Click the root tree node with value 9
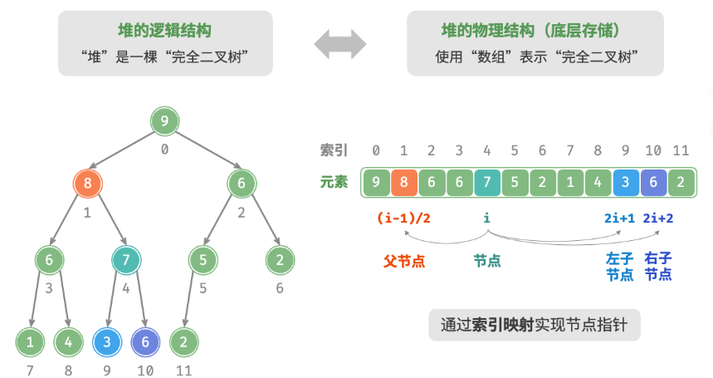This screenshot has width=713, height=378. pyautogui.click(x=164, y=121)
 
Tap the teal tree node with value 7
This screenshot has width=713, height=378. pyautogui.click(x=126, y=260)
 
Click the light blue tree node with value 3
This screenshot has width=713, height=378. pyautogui.click(x=106, y=341)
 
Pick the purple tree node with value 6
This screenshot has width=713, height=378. pyautogui.click(x=145, y=341)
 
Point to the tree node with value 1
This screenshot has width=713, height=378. pyautogui.click(x=30, y=341)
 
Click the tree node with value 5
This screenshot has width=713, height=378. pyautogui.click(x=203, y=260)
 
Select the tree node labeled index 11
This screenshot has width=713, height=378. pyautogui.click(x=183, y=341)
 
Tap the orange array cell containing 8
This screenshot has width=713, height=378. pyautogui.click(x=404, y=181)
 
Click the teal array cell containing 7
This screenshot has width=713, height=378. pyautogui.click(x=487, y=181)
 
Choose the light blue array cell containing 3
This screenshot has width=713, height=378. pyautogui.click(x=626, y=181)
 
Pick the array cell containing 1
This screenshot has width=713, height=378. pyautogui.click(x=570, y=181)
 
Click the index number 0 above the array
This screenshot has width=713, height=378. pyautogui.click(x=376, y=150)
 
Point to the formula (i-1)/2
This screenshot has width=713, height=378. pyautogui.click(x=403, y=218)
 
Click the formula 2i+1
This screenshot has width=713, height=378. pyautogui.click(x=620, y=218)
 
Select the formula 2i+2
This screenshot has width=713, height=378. pyautogui.click(x=658, y=218)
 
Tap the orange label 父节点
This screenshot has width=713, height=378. pyautogui.click(x=404, y=261)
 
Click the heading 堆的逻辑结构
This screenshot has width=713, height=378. pyautogui.click(x=165, y=32)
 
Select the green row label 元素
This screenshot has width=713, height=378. pyautogui.click(x=335, y=181)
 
